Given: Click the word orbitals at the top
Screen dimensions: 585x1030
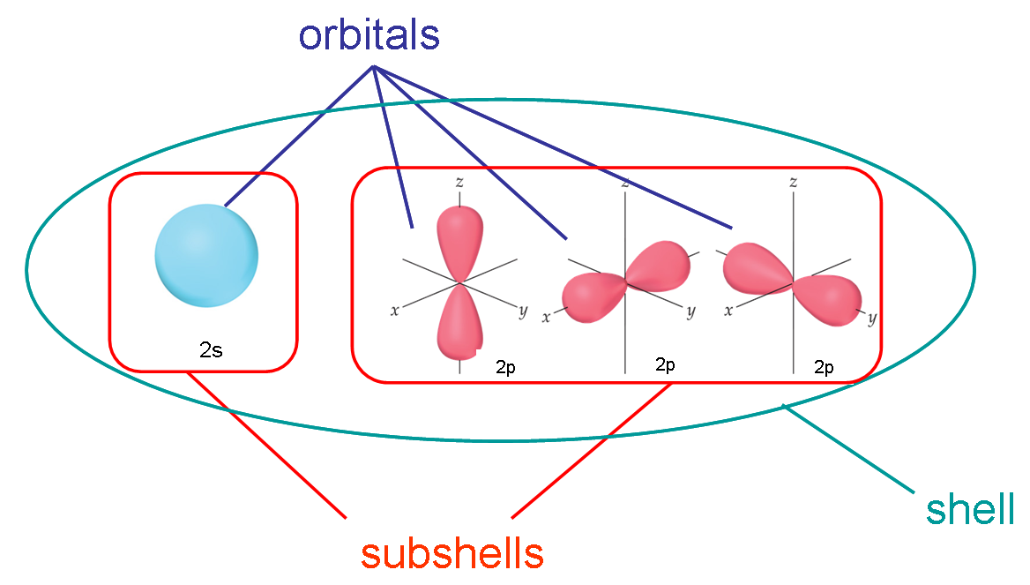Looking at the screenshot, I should pos(369,35).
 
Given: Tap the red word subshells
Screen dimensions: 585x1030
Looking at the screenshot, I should pos(452,553).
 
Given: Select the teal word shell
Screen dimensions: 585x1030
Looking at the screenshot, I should pos(970,510).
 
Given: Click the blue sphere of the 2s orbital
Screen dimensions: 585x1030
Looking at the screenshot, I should pos(206,256).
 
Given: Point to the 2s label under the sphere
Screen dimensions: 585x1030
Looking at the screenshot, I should pos(211,349).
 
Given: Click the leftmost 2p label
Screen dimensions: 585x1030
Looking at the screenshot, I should pos(505,367).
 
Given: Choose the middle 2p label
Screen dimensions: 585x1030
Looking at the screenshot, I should pos(665,364).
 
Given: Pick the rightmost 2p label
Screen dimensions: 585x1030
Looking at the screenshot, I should pos(824,367).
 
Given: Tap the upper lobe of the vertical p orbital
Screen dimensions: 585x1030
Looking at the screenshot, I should pos(459,238).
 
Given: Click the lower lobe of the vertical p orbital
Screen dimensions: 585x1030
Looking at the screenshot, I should pos(459,326).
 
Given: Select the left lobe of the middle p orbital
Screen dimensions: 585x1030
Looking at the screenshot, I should pos(589,296).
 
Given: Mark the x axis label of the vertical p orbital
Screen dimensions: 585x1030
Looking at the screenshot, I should pos(393,311).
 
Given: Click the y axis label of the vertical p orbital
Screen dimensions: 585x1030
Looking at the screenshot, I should pos(523,310).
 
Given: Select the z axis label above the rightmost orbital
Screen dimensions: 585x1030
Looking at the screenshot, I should pos(794,183).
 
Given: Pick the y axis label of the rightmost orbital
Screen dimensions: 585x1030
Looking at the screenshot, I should pos(871,319).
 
